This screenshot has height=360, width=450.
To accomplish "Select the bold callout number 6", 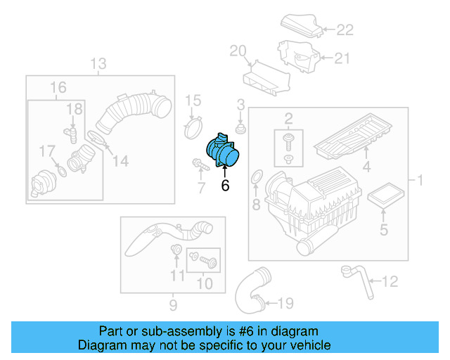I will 225,186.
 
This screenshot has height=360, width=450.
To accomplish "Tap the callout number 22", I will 345,30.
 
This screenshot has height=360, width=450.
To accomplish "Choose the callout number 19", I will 285,303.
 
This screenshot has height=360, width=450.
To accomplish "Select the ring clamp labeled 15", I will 193,128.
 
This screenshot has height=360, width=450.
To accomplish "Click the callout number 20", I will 238,50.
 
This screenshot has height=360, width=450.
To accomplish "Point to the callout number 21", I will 342,59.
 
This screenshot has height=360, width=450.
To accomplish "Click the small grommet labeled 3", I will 241,131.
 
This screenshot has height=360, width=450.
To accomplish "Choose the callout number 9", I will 172,305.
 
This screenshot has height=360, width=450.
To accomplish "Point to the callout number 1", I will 420,181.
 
